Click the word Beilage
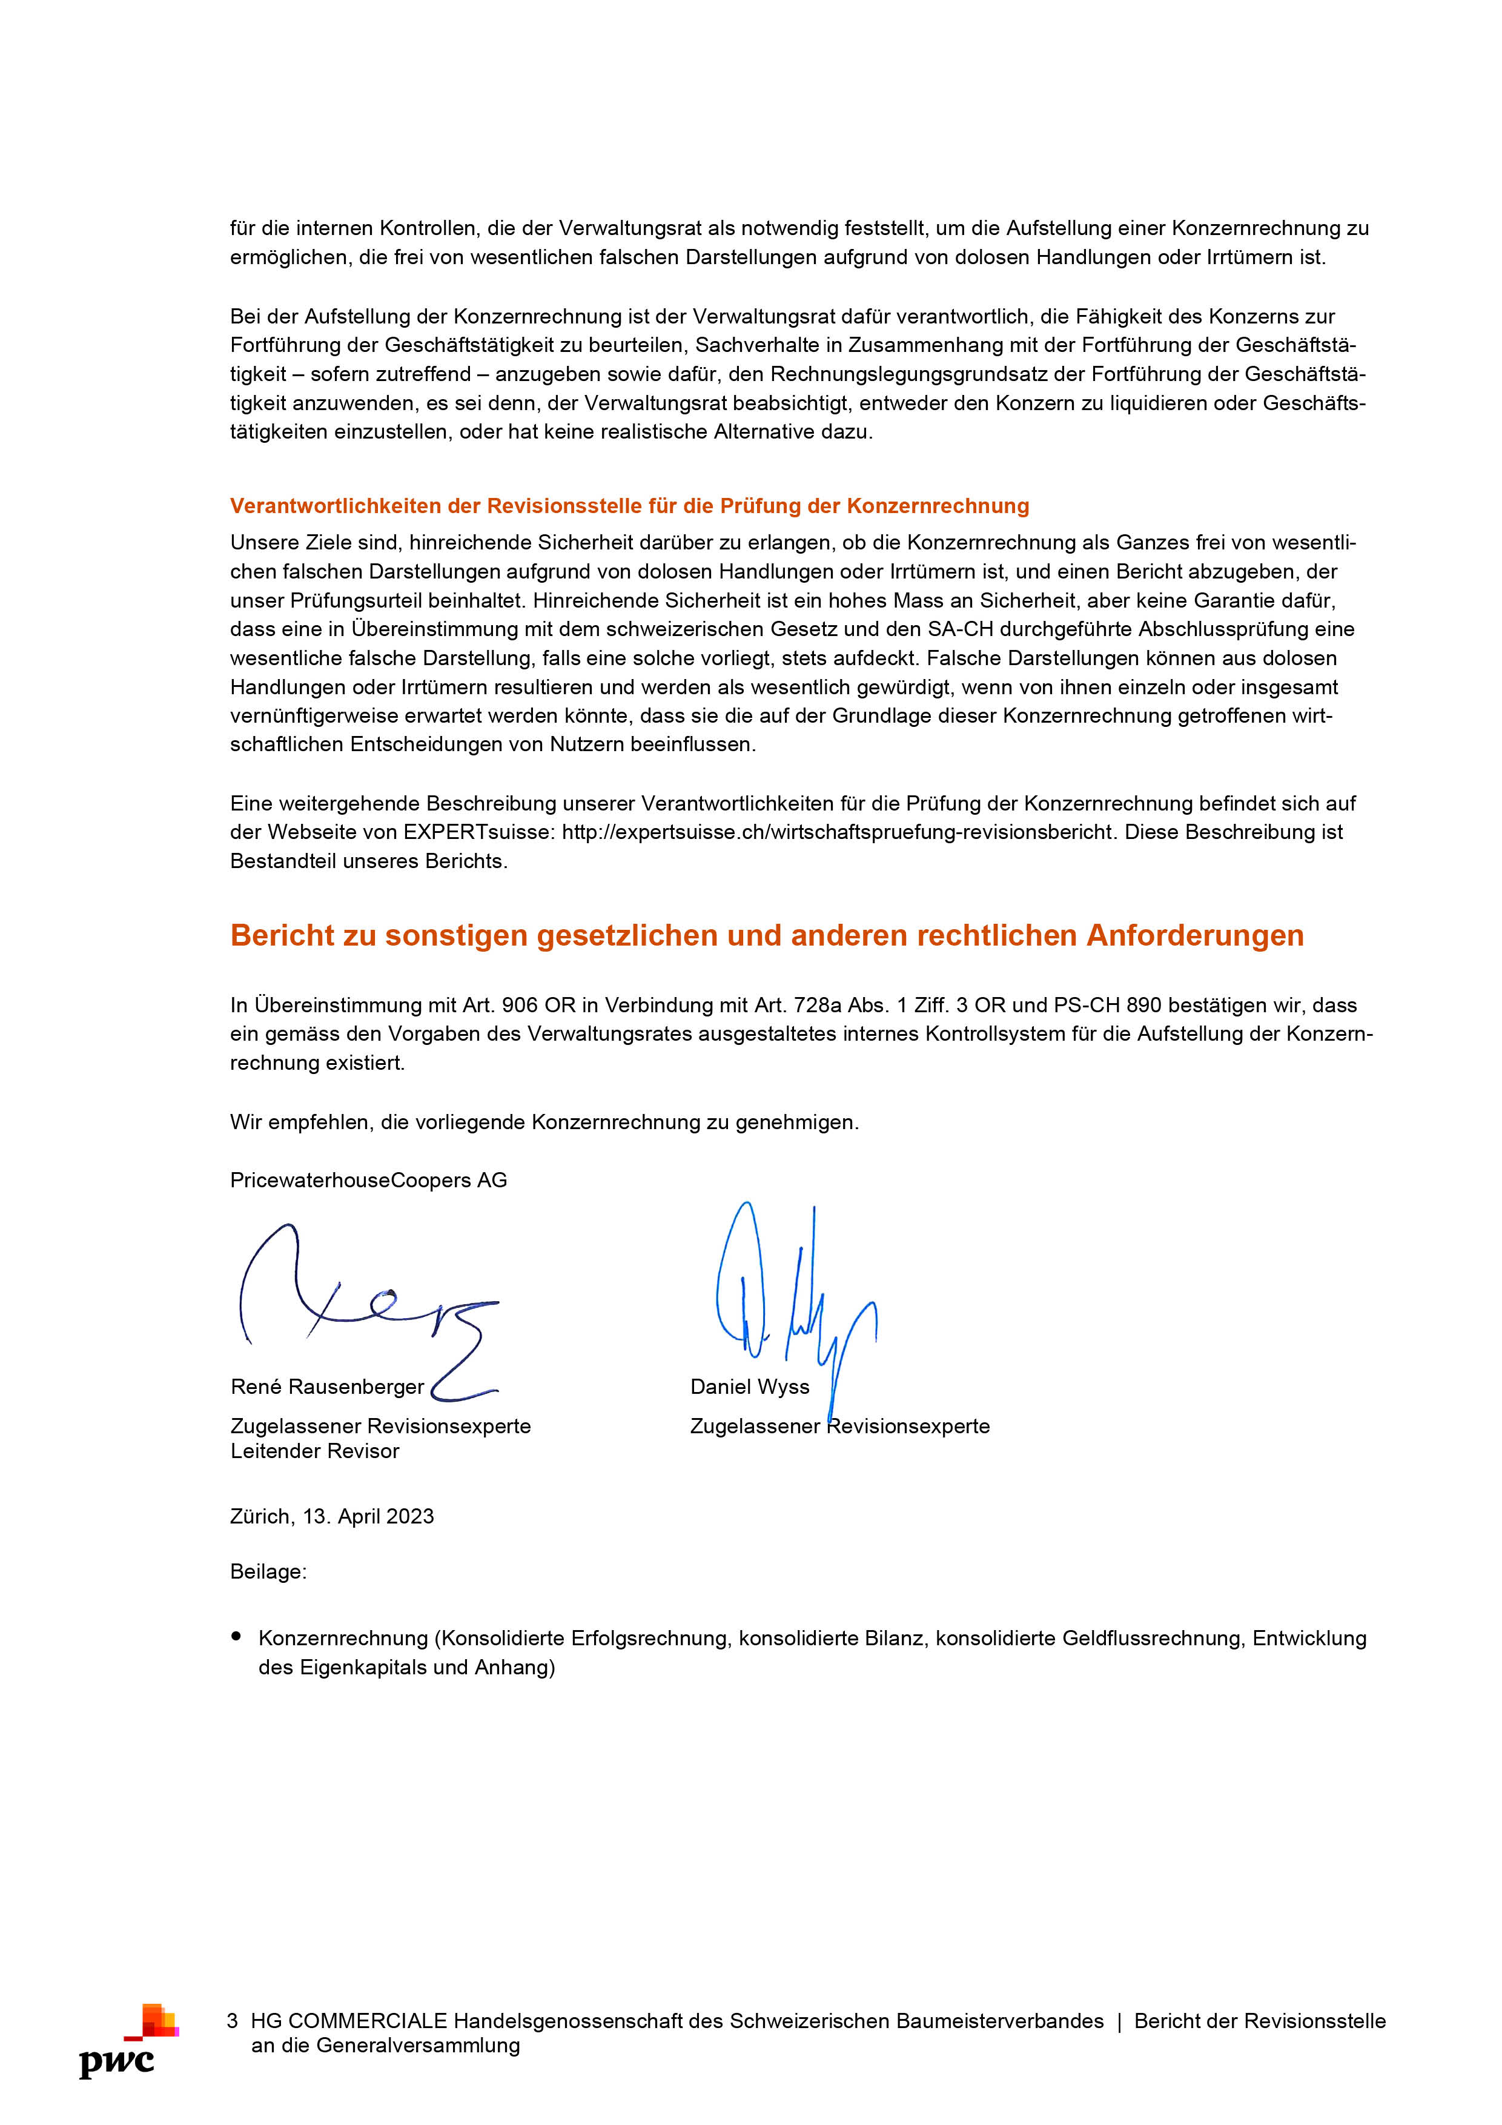tap(268, 1571)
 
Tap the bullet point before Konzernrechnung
tap(237, 1636)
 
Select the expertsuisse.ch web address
tap(836, 832)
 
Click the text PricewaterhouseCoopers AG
tap(368, 1180)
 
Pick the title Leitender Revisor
tap(315, 1451)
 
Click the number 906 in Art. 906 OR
tap(519, 1005)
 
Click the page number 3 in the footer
tap(233, 2020)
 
